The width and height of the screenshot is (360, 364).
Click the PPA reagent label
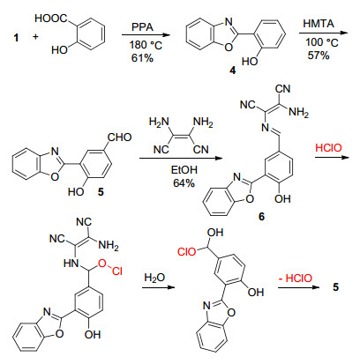pos(142,27)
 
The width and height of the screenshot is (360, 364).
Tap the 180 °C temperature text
pos(146,45)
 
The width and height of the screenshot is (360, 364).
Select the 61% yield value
pos(142,58)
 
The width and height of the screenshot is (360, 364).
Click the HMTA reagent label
pos(319,24)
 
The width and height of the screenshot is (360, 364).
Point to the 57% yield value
pos(319,55)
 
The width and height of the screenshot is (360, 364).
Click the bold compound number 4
pos(233,70)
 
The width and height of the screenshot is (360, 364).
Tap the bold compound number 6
pos(261,217)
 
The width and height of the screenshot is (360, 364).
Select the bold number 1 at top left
pos(16,38)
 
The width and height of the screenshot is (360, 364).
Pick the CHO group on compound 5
pos(119,137)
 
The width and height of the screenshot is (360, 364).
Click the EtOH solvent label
pos(184,170)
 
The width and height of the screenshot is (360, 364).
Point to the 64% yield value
pos(184,183)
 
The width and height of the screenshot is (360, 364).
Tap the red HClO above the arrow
pos(329,147)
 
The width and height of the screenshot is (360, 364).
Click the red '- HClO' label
pos(296,278)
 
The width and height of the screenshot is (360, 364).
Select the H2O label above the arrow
pos(154,278)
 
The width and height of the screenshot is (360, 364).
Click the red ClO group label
pos(186,252)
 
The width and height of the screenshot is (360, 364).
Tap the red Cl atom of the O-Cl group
pos(117,271)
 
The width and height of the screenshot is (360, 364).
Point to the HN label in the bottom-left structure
pos(71,263)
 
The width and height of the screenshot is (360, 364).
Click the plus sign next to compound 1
pos(35,37)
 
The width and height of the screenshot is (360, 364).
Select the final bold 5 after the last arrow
pos(336,286)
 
